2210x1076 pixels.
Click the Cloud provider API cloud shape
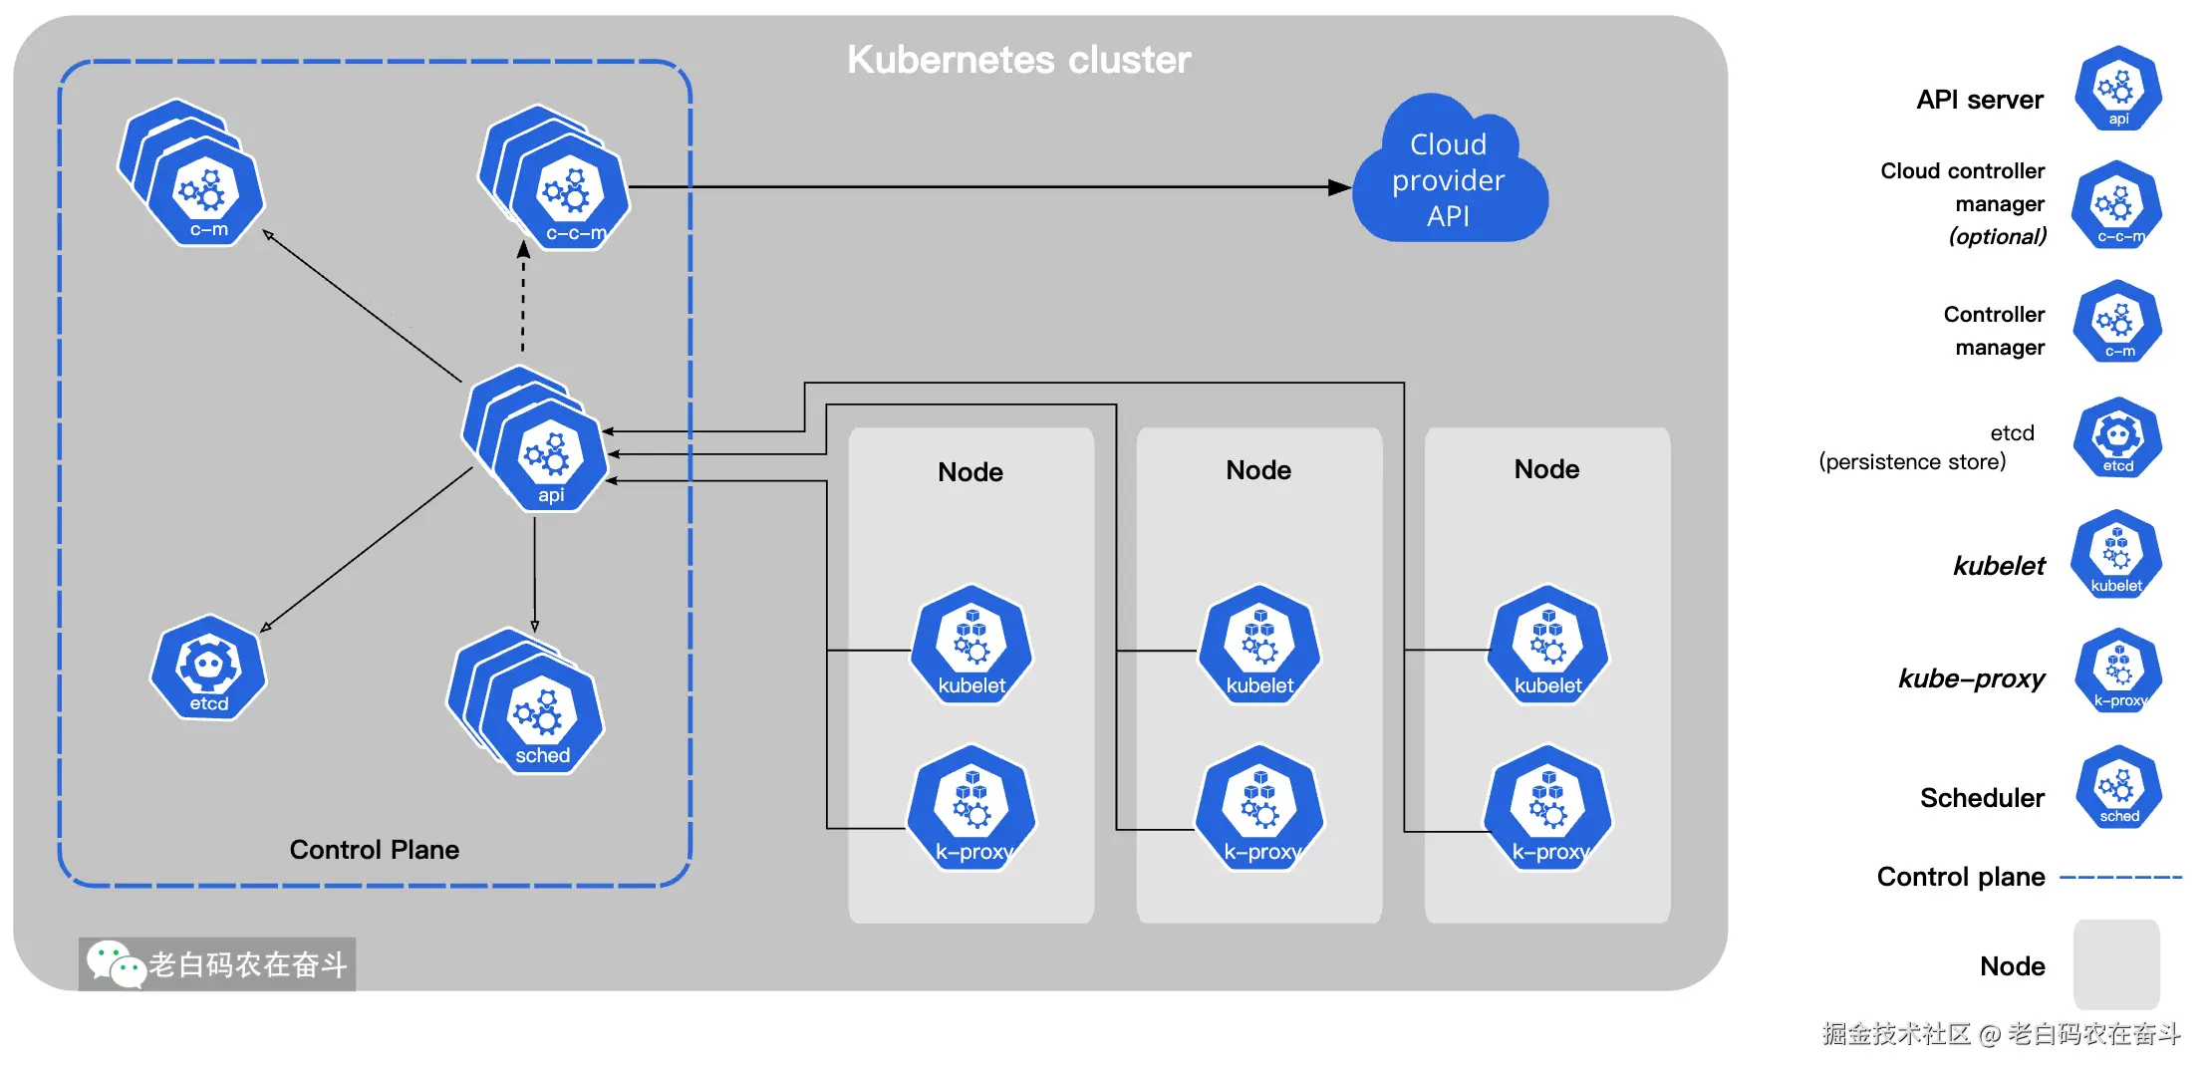coord(1449,179)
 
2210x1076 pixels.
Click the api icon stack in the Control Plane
coord(546,453)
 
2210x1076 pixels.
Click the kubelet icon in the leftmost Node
coord(971,646)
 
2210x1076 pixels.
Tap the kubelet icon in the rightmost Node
coord(1547,646)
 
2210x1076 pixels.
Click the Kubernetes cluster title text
coord(1018,60)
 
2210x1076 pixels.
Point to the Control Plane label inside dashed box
coord(374,850)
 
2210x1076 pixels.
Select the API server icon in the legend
coord(2117,90)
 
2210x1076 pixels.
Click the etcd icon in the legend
coord(2117,438)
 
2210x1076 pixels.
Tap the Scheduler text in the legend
coord(1982,798)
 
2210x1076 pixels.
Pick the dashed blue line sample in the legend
coord(2120,878)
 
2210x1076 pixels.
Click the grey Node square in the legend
coord(2116,963)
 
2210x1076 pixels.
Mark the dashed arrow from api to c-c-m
coord(523,299)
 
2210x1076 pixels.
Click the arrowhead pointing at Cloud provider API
coord(1339,187)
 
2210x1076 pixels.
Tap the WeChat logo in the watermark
coord(115,963)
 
